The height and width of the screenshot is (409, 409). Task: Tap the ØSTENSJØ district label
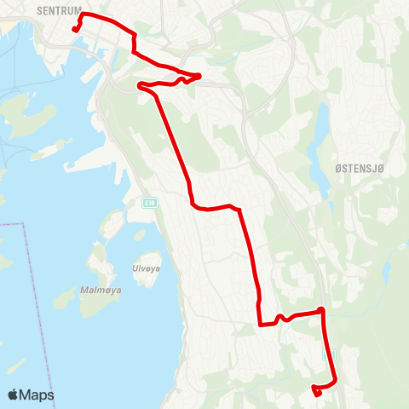(362, 169)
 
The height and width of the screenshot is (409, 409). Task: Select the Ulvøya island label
(146, 268)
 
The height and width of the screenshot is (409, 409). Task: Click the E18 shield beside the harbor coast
(150, 202)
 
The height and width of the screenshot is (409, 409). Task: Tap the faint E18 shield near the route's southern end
(329, 353)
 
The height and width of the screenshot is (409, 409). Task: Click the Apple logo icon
(14, 395)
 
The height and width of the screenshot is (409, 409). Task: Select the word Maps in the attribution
(37, 395)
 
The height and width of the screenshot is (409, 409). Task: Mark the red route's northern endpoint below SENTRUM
(75, 30)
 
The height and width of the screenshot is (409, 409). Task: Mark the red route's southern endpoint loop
(316, 391)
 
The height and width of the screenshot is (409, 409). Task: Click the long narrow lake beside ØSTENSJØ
(320, 149)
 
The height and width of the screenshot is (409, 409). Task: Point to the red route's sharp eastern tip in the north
(199, 75)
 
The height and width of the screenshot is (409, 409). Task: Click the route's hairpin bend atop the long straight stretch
(140, 84)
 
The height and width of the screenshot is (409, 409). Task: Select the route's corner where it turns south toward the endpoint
(321, 310)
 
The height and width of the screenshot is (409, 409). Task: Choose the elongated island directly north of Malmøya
(112, 223)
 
